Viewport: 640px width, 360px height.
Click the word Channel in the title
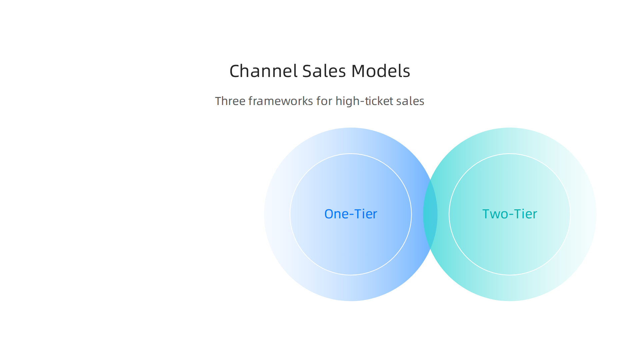(x=263, y=71)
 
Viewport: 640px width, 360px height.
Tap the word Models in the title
(x=380, y=71)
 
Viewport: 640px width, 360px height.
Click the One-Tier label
(x=350, y=214)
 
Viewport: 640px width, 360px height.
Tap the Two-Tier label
(x=509, y=214)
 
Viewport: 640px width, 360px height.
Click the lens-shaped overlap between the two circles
(x=430, y=214)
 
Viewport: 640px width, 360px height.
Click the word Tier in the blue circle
(x=366, y=214)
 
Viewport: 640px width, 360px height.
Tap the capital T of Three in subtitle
(x=218, y=101)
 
